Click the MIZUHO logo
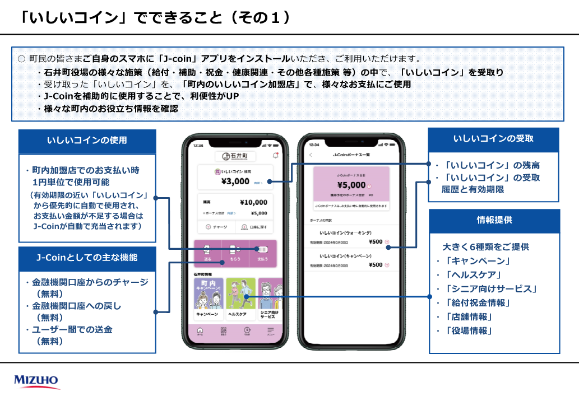point(36,381)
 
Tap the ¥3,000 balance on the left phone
point(235,181)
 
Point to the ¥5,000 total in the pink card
point(351,185)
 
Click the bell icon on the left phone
point(275,155)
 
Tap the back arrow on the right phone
point(311,155)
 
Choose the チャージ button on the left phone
point(215,227)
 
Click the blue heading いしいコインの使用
point(87,141)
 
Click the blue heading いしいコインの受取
point(493,139)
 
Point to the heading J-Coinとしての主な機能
point(87,258)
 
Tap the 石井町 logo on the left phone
point(235,156)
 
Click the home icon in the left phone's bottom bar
point(200,331)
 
